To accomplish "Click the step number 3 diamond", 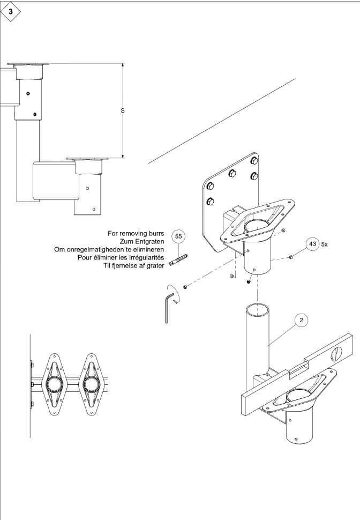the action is tap(11, 12).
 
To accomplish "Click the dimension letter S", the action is tap(123, 110).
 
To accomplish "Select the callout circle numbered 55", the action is tap(178, 236).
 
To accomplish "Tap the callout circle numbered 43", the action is tap(312, 244).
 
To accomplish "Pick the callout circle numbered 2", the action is tap(301, 320).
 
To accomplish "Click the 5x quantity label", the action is tap(324, 244).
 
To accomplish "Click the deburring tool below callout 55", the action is tap(179, 259).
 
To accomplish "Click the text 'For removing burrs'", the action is tap(136, 234).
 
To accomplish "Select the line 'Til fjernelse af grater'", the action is tap(134, 265).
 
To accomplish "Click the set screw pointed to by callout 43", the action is tap(291, 256).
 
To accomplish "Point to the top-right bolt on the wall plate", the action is tap(254, 161).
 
